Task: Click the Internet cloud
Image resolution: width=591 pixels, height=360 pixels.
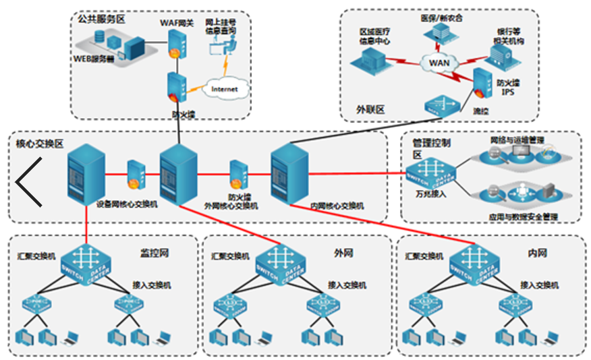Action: point(225,88)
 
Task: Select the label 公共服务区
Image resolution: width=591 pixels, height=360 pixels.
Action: point(101,19)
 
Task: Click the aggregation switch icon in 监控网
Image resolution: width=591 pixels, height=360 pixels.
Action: point(86,264)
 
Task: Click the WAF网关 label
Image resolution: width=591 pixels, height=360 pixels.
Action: point(177,23)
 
